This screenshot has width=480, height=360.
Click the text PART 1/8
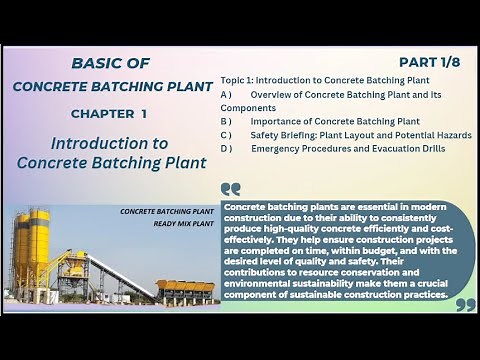[x=431, y=62]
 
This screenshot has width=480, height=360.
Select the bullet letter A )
[x=226, y=93]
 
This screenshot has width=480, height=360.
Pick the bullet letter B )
[x=226, y=121]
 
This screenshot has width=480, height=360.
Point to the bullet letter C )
[x=226, y=135]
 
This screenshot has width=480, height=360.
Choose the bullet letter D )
[x=226, y=149]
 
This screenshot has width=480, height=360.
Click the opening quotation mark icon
[x=231, y=188]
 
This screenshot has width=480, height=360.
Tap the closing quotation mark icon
[x=464, y=303]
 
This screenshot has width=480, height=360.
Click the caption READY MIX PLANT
[x=184, y=223]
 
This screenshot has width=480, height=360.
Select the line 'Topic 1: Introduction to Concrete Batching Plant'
[x=325, y=79]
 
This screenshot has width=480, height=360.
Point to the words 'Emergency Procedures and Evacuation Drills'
[x=348, y=149]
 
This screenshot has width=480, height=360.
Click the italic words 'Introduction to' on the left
[x=109, y=143]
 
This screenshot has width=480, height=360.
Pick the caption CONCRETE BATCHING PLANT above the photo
[x=167, y=211]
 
